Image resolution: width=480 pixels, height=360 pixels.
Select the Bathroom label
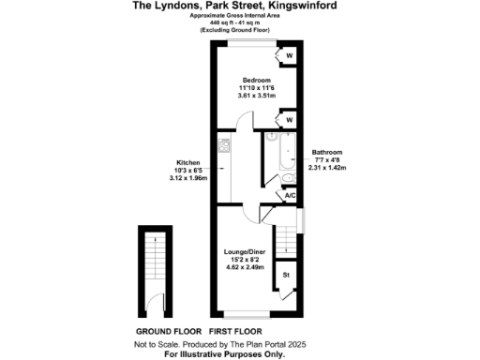[x=327, y=152]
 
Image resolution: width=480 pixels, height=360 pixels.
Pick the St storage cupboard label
[x=287, y=276]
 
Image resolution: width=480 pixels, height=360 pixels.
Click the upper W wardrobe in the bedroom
[x=289, y=56]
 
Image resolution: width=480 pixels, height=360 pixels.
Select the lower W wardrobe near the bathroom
[x=289, y=120]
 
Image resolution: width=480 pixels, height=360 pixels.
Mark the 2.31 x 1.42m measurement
[x=327, y=168]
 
